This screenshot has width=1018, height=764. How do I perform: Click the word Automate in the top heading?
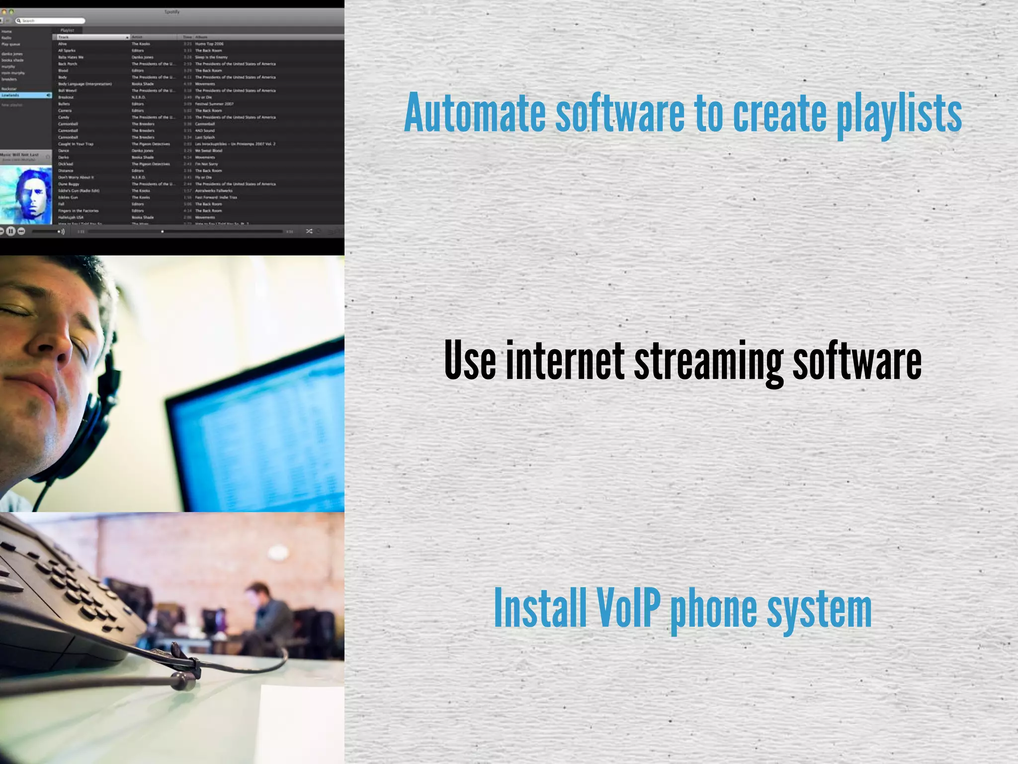pos(475,113)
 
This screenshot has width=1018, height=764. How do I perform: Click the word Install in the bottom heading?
pos(540,608)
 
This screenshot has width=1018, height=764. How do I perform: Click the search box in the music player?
pos(50,20)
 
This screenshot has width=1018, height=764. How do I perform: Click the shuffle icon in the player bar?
pos(309,231)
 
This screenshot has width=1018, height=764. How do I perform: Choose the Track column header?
pos(92,37)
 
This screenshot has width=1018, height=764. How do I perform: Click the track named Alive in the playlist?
pos(63,44)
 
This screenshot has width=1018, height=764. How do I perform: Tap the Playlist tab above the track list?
pos(67,30)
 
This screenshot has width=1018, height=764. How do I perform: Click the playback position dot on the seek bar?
pos(163,231)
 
